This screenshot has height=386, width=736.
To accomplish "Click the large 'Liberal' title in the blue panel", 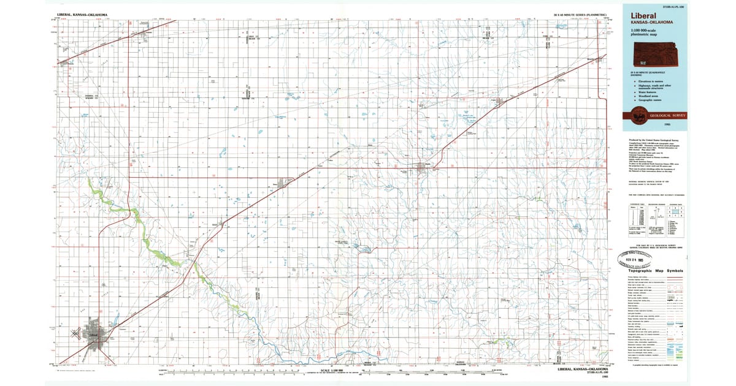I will click(642, 16).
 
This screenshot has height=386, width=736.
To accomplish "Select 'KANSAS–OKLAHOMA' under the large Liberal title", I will click(647, 23).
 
